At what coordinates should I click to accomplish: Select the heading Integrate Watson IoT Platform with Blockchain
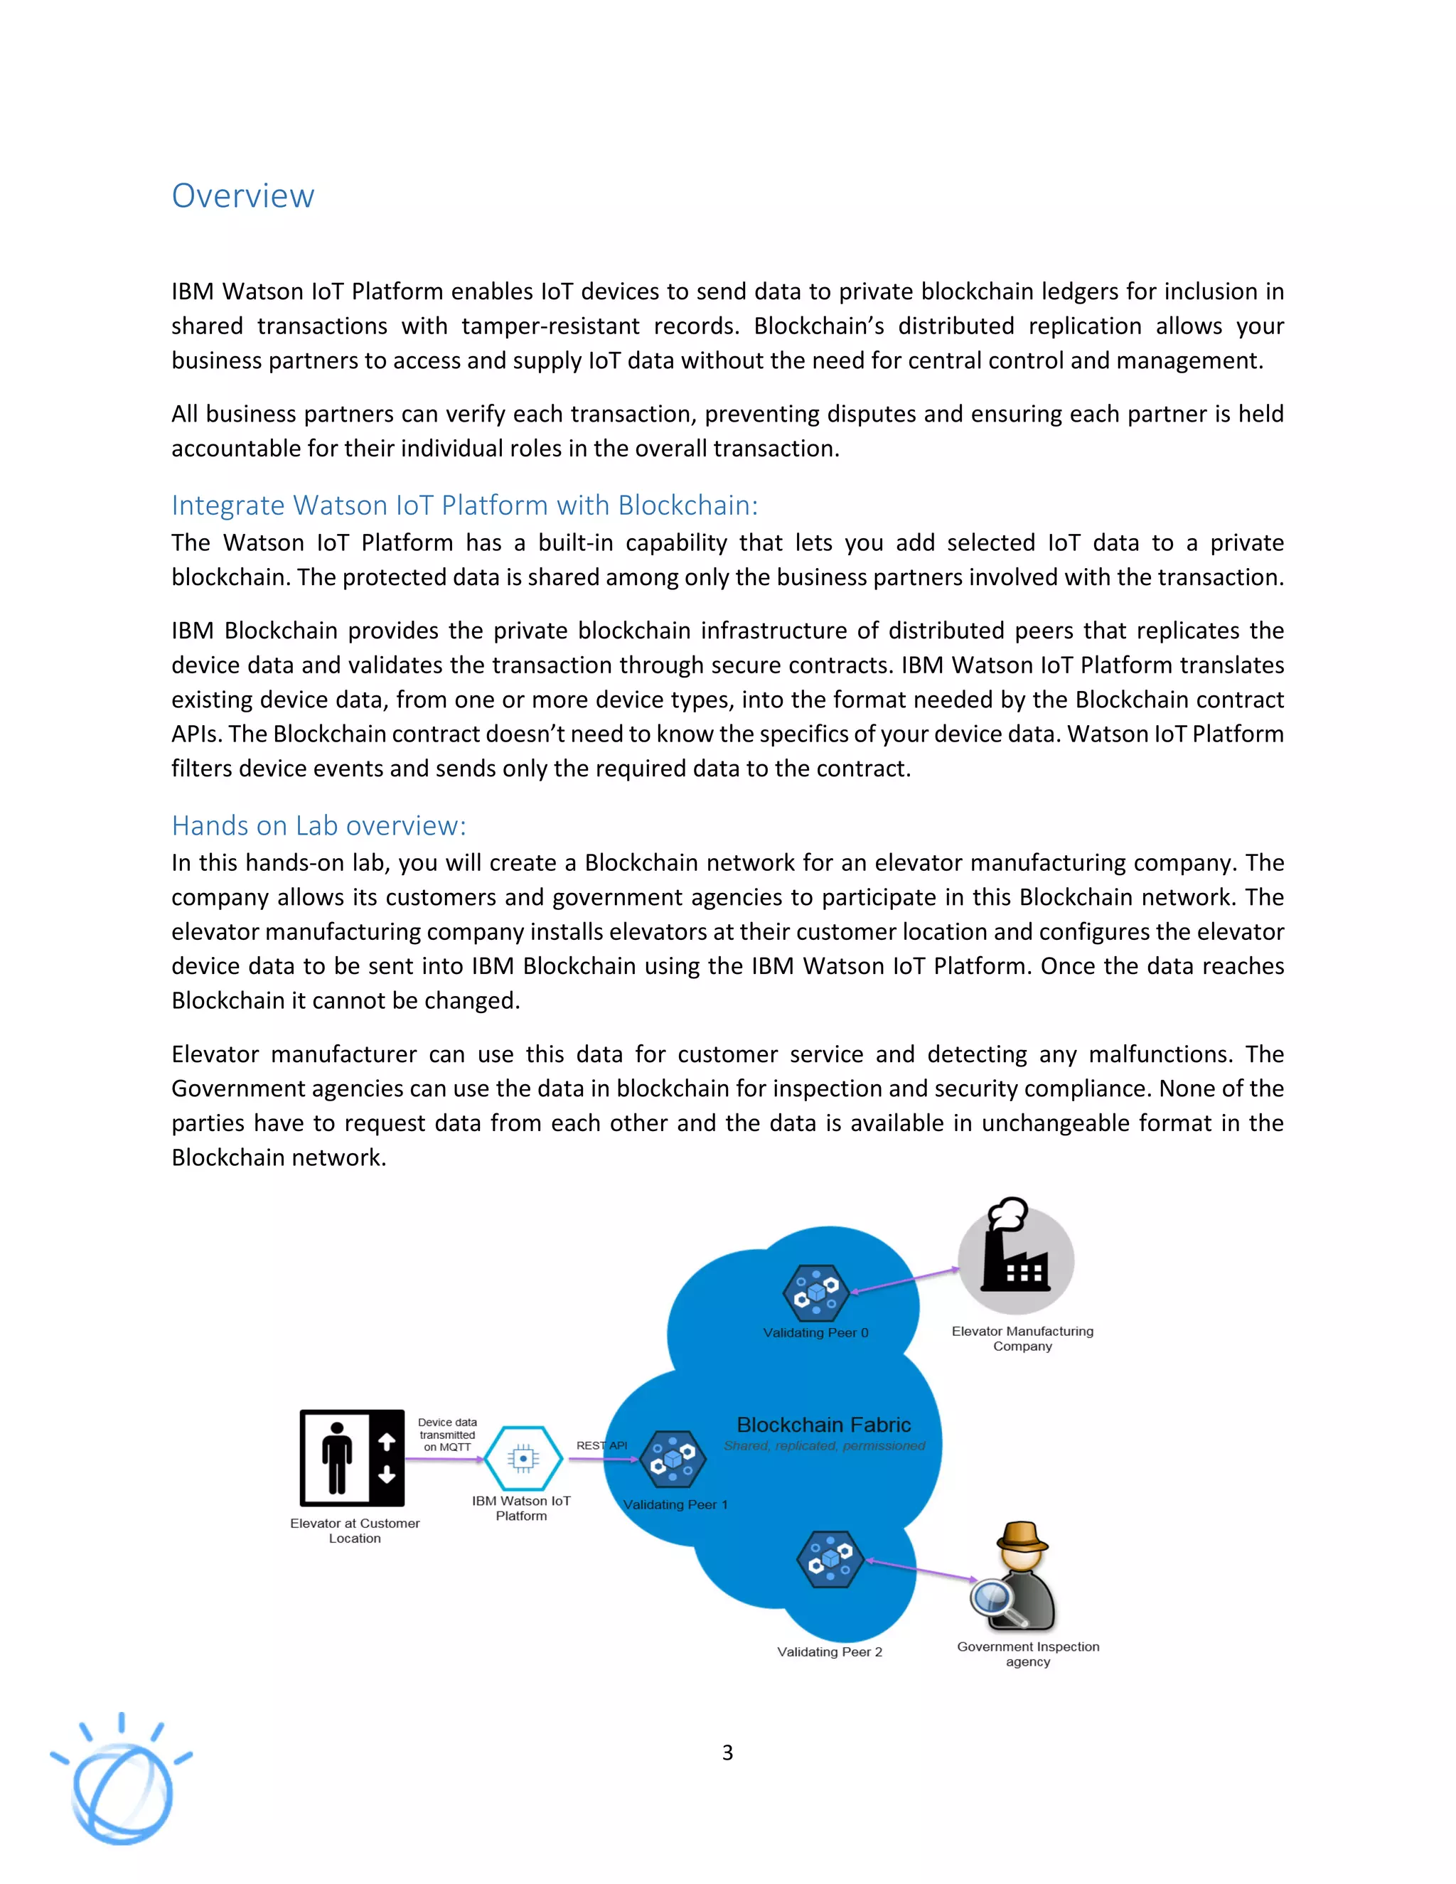coord(464,505)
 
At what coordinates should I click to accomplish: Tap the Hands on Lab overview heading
coord(318,825)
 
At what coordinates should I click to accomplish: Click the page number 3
coord(727,1752)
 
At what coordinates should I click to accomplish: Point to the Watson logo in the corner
coord(122,1782)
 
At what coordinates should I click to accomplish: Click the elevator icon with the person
coord(352,1458)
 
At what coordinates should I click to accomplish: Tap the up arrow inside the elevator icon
coord(387,1440)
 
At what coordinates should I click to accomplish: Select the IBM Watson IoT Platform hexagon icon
coord(523,1458)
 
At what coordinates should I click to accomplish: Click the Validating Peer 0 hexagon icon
coord(815,1292)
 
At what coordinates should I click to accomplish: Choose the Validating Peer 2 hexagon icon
coord(830,1559)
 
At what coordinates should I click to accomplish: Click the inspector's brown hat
coord(1022,1536)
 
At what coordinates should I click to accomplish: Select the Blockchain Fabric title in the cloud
coord(824,1424)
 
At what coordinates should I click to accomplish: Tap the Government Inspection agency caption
coord(1027,1654)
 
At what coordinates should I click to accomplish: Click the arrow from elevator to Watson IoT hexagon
coord(444,1459)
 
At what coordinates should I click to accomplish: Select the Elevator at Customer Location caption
coord(355,1531)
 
